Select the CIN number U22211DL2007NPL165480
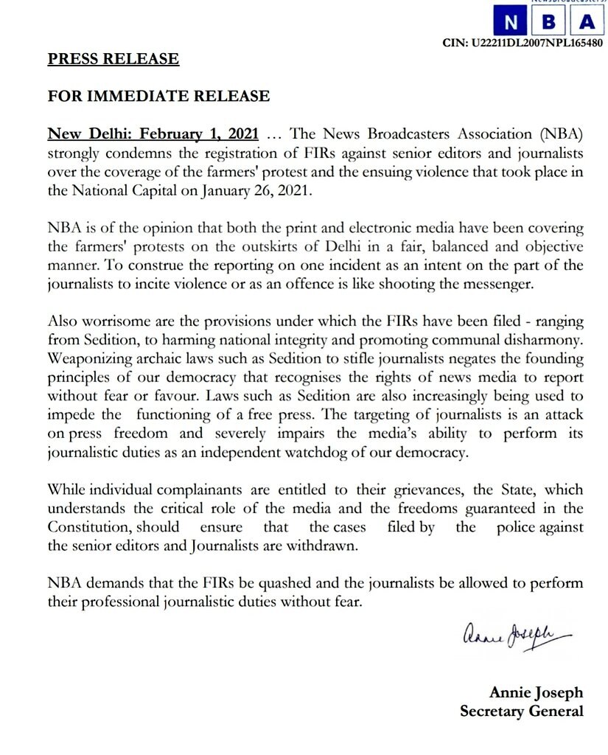pyautogui.click(x=523, y=43)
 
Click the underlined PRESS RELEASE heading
pyautogui.click(x=113, y=59)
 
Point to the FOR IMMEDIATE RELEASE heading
pyautogui.click(x=158, y=97)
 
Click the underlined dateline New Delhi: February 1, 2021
pyautogui.click(x=153, y=134)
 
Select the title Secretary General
pyautogui.click(x=521, y=711)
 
